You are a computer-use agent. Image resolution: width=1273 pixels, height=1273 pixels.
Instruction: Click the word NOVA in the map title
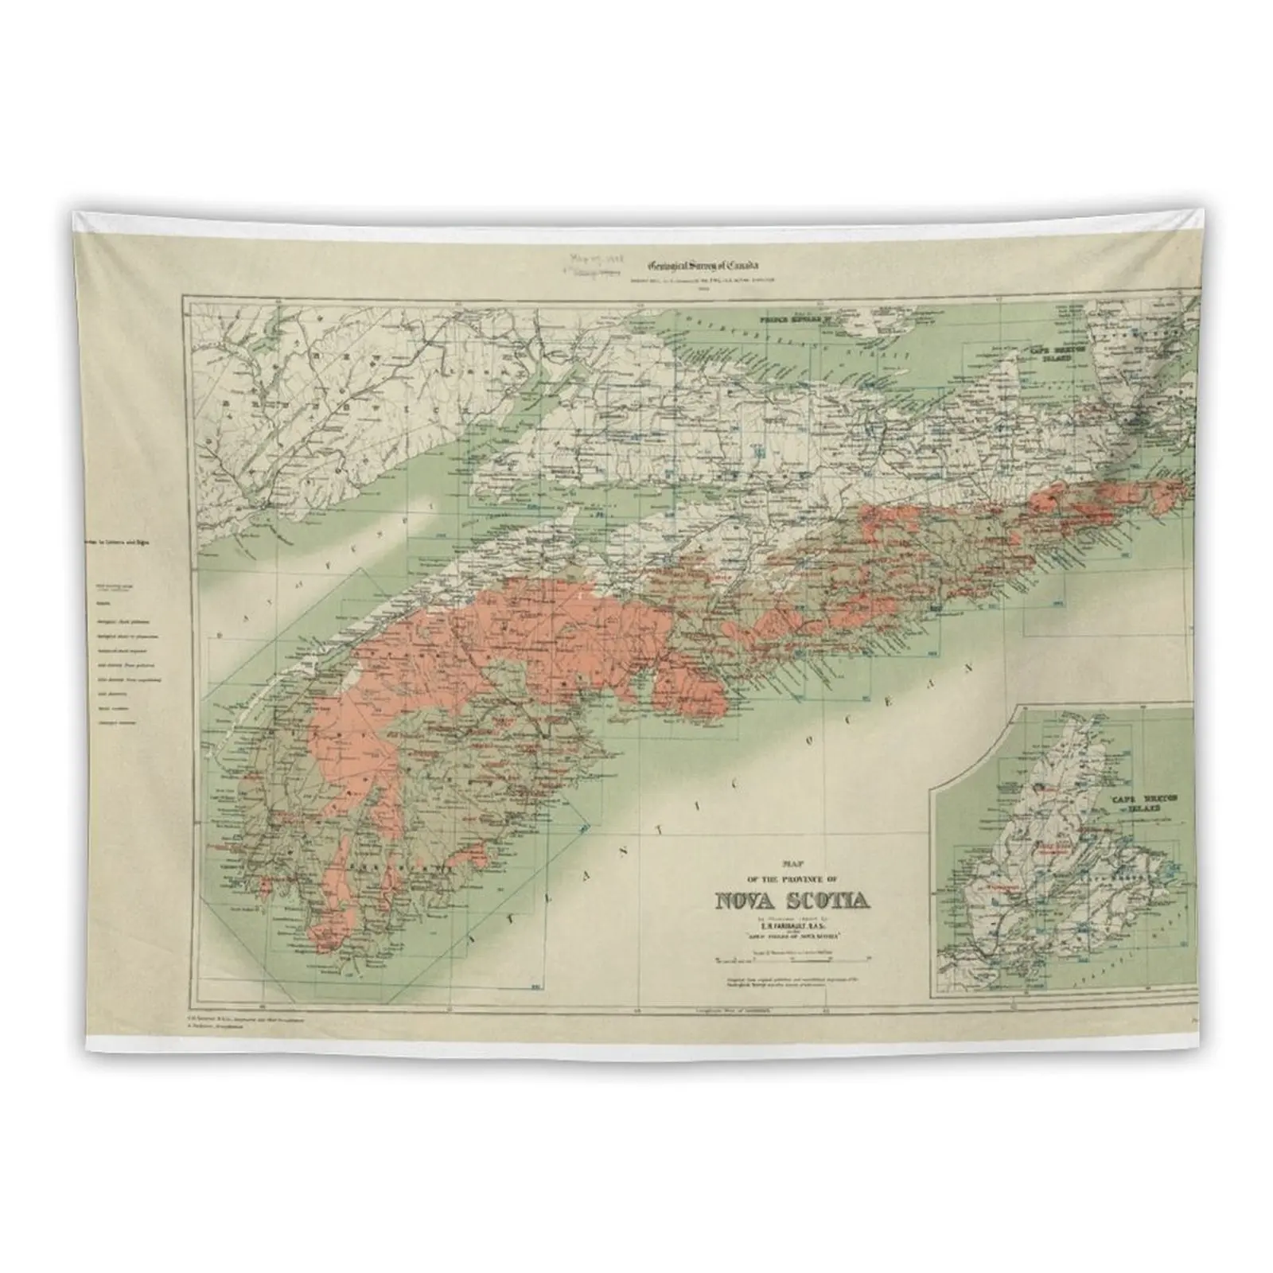pos(742,901)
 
